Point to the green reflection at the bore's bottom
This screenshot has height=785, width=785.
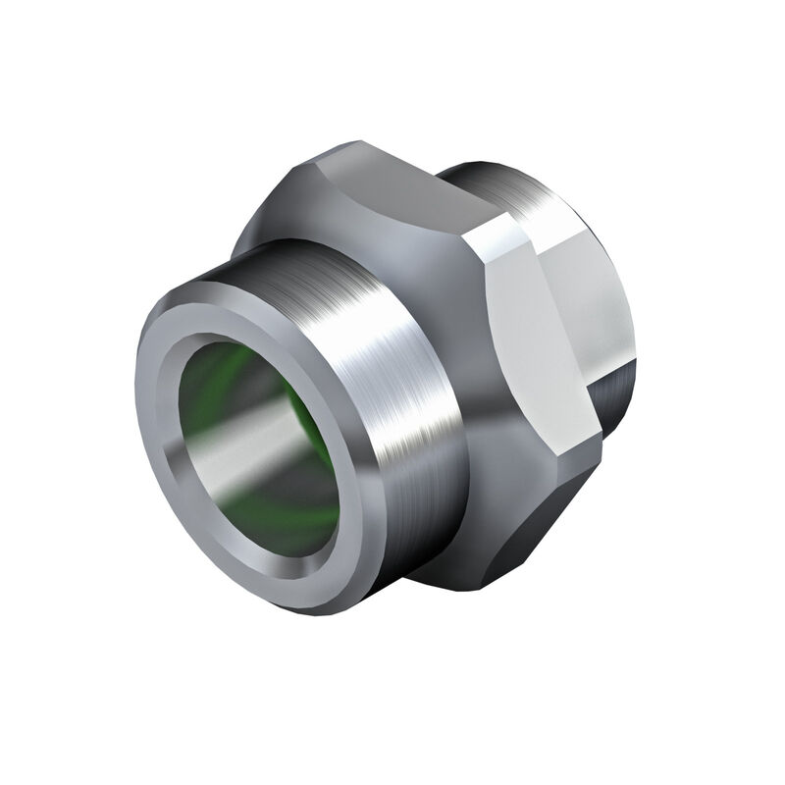pos(285,525)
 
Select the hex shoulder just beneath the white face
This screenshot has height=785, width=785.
pos(500,461)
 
